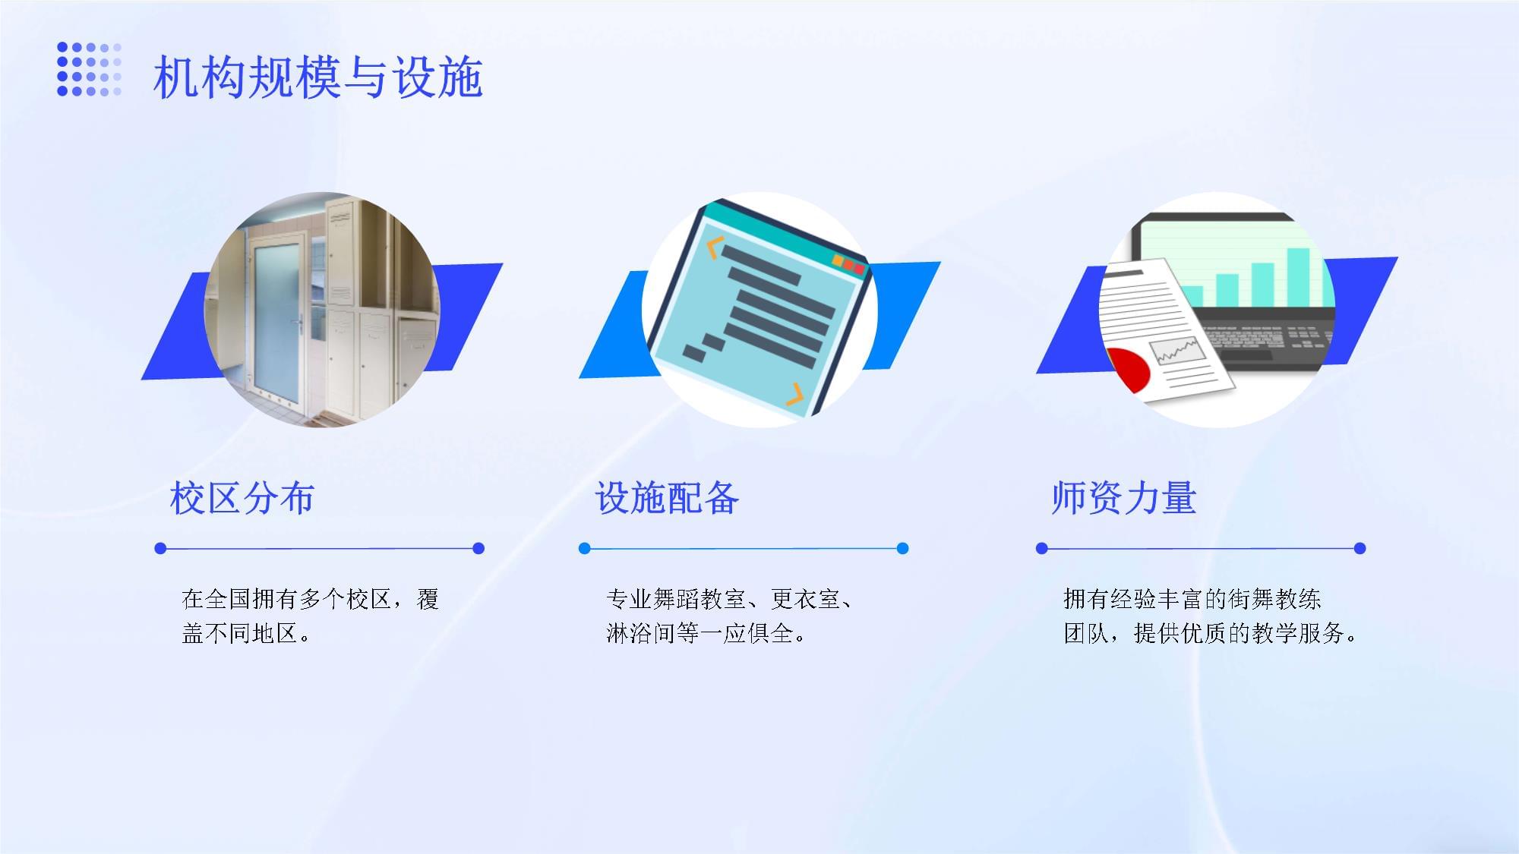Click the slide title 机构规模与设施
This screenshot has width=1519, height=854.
[317, 77]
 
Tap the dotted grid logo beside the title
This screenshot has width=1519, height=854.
[89, 69]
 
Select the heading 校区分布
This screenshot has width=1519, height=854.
[242, 499]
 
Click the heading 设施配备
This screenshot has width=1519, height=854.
[667, 499]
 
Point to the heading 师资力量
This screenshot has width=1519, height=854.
[1124, 499]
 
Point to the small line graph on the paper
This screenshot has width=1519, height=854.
[1176, 350]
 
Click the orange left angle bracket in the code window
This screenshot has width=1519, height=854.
[712, 248]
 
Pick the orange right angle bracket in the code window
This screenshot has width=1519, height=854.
[794, 394]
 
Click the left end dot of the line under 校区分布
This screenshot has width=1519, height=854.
[160, 548]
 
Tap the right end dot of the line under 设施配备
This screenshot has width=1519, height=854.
[902, 548]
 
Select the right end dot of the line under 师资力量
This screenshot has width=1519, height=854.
[1360, 548]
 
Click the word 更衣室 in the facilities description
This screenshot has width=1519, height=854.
[805, 599]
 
